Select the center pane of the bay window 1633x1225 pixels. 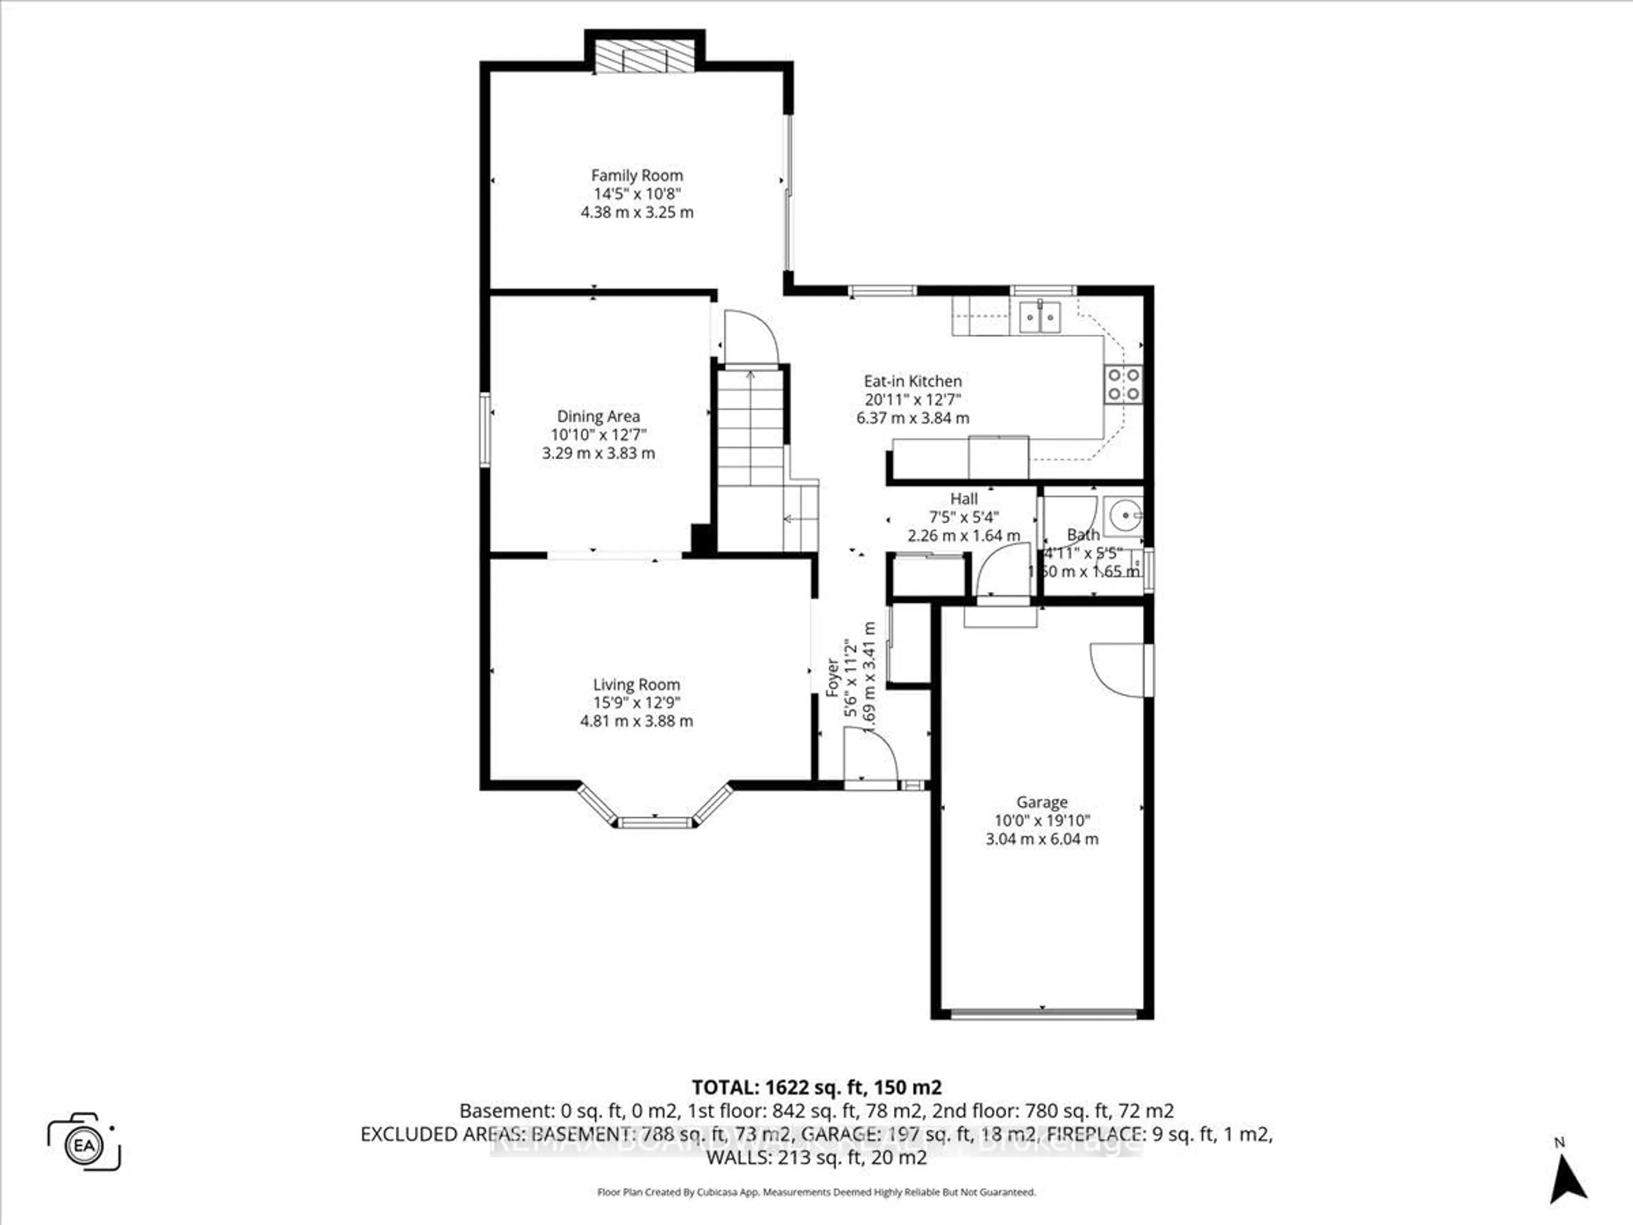655,822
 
